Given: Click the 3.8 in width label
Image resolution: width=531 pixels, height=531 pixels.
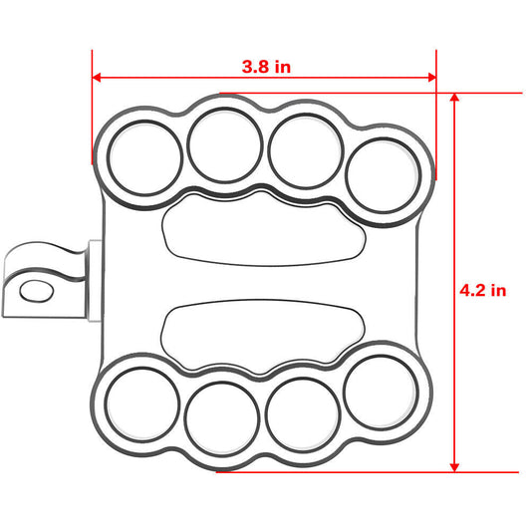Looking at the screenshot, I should [x=266, y=67].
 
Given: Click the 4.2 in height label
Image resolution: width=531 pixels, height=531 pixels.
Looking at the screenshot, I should [x=483, y=291].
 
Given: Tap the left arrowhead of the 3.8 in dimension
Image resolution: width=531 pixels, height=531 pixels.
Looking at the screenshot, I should [x=98, y=77].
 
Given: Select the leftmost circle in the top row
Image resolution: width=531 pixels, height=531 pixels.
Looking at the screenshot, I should [x=145, y=157].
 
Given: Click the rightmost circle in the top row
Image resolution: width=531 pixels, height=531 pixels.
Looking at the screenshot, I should [x=382, y=175].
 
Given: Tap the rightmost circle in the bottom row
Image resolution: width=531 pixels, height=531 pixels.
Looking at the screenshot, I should [x=380, y=387].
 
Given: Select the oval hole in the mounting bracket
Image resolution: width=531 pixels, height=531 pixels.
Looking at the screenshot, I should [x=38, y=290].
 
